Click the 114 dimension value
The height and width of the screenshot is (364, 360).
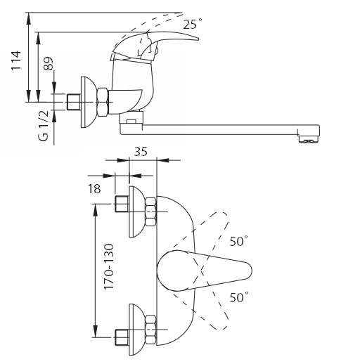(x=16, y=60)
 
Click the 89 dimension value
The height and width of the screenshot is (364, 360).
(x=49, y=63)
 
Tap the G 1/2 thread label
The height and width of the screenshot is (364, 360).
(x=44, y=126)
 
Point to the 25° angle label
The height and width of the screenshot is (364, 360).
(x=193, y=24)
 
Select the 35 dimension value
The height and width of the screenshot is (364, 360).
(x=141, y=152)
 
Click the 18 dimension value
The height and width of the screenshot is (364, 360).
(x=94, y=188)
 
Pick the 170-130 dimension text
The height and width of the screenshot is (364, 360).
(x=109, y=267)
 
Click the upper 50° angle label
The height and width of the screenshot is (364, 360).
(x=238, y=241)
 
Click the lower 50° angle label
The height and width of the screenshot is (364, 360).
(x=239, y=297)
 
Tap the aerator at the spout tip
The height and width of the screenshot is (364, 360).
(x=309, y=139)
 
